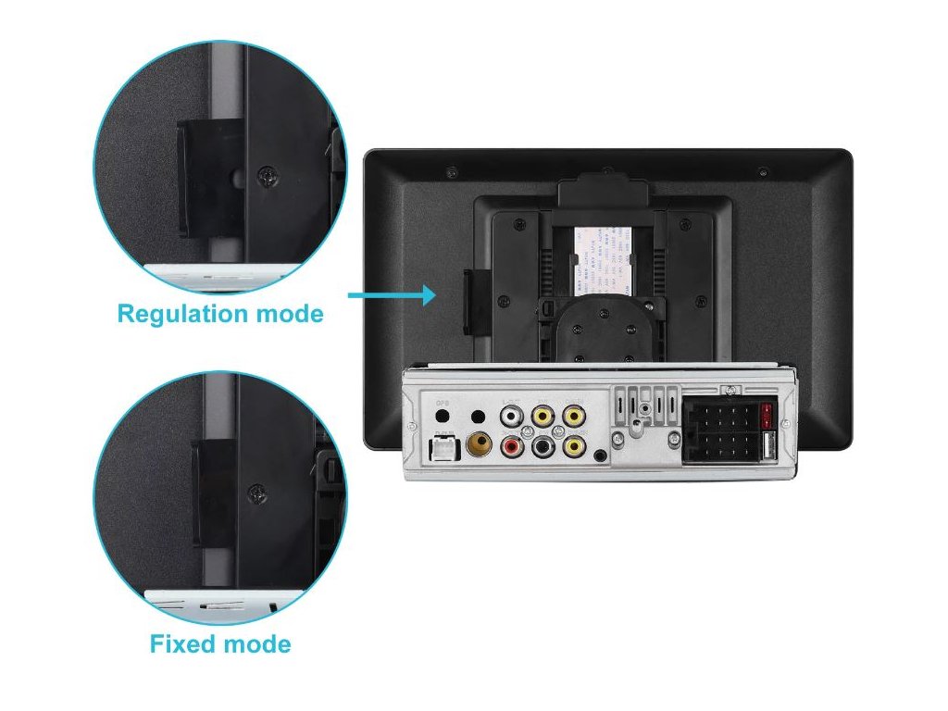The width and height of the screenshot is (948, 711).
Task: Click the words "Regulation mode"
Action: pos(220,314)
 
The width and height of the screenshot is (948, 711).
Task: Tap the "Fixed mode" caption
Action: pos(220,643)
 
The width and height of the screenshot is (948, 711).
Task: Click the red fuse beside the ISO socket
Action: pos(767,414)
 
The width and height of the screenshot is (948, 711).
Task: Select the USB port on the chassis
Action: pos(767,447)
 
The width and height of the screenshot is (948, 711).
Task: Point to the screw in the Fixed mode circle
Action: pos(256,493)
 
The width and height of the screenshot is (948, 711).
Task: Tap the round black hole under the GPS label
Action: pos(443,418)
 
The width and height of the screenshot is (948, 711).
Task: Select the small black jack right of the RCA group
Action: pos(603,455)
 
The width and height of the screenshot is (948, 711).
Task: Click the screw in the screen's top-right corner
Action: pos(762,172)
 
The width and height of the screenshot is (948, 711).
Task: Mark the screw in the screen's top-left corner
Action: pos(451,172)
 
